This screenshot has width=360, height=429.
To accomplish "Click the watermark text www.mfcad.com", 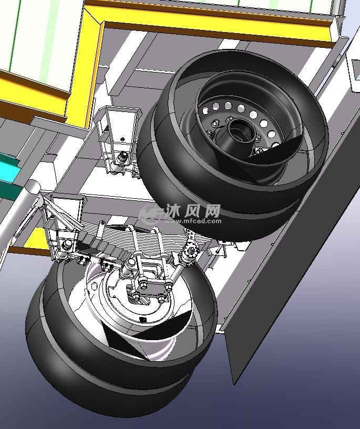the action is (193, 220).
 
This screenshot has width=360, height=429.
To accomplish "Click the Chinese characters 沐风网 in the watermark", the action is (193, 210).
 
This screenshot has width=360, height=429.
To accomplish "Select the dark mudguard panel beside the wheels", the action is (290, 246).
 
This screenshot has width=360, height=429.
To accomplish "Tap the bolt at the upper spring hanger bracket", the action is (122, 158).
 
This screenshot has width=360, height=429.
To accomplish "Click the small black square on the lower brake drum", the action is (143, 319).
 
